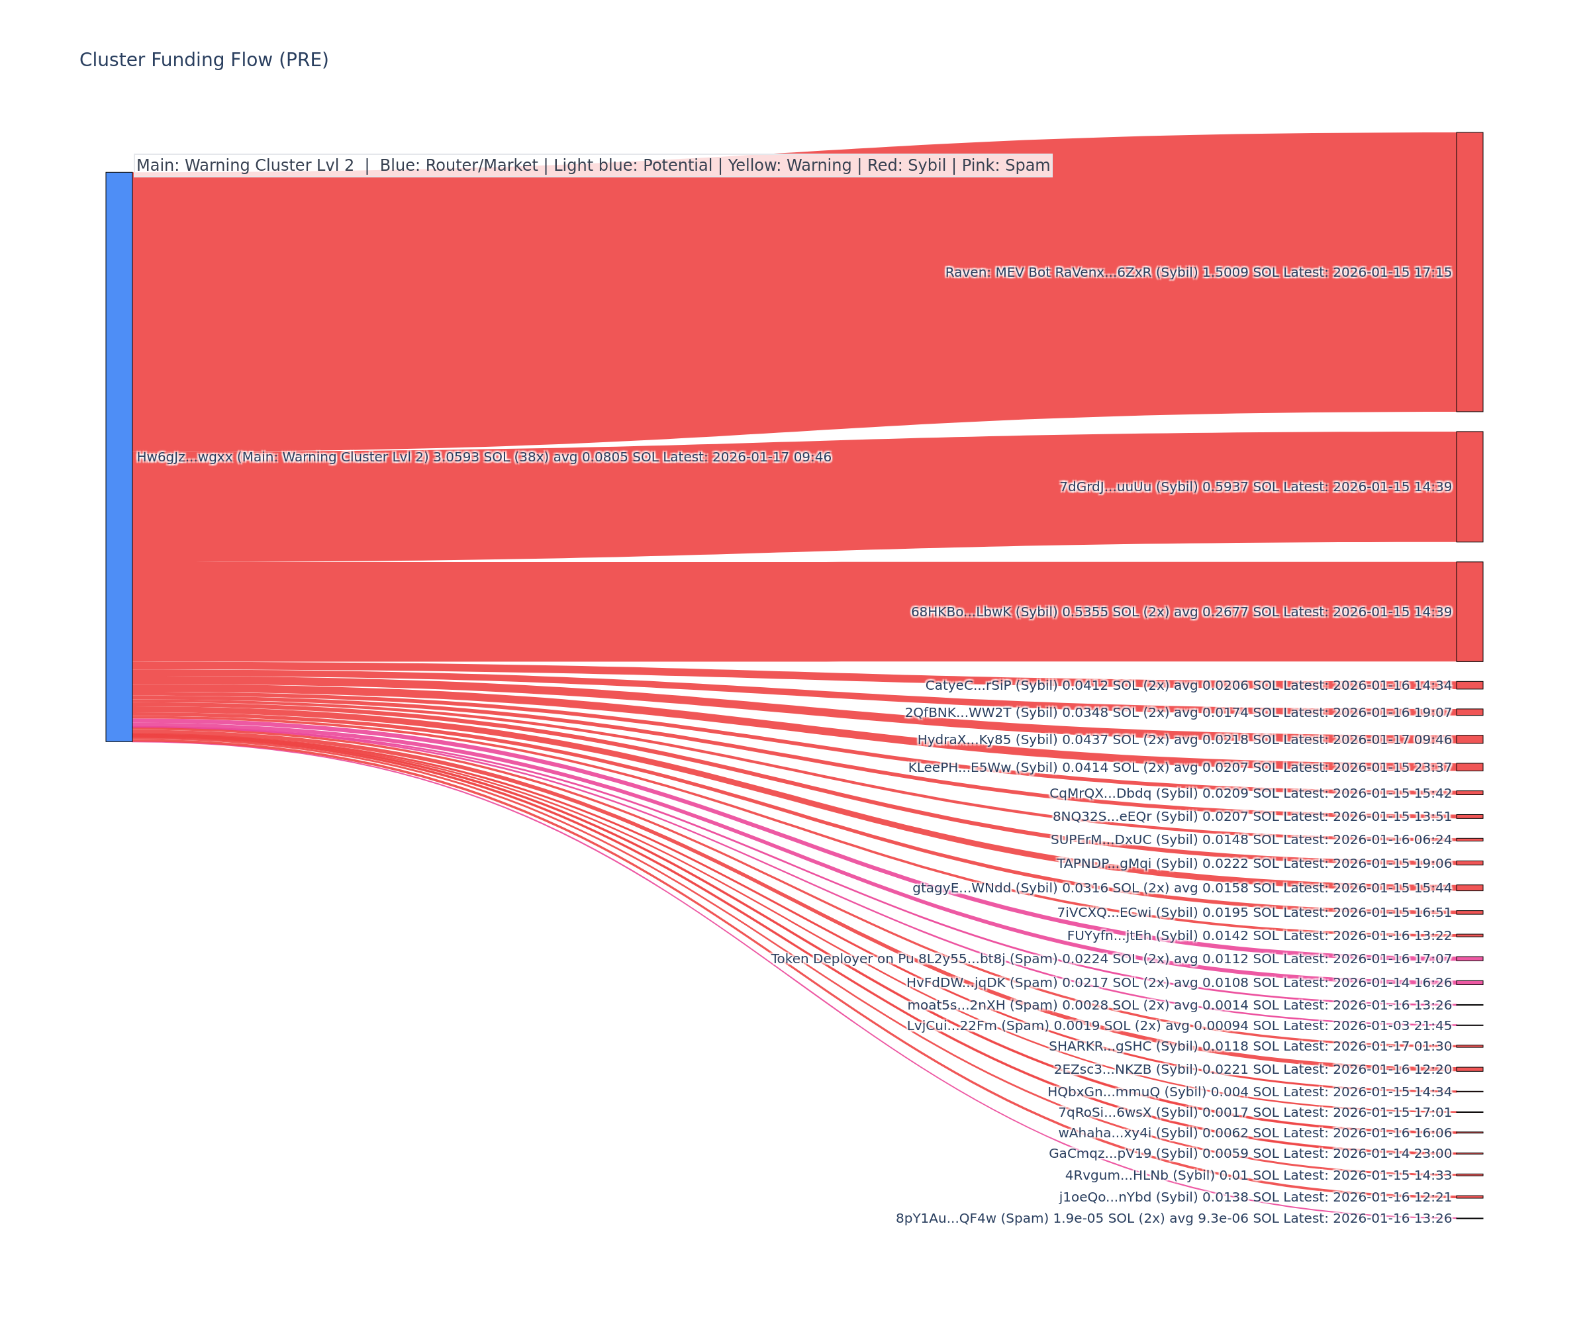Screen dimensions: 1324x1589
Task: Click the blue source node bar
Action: pyautogui.click(x=119, y=456)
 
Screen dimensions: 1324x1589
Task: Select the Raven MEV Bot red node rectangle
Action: pyautogui.click(x=1469, y=271)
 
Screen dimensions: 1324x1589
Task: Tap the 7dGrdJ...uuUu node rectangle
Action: pyautogui.click(x=1469, y=487)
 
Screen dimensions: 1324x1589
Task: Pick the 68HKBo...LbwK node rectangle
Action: pyautogui.click(x=1469, y=611)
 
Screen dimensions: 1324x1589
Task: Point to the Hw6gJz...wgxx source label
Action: pyautogui.click(x=483, y=457)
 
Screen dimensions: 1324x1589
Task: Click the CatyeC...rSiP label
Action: pyautogui.click(x=1188, y=685)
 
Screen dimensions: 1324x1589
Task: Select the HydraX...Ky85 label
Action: pyautogui.click(x=1184, y=740)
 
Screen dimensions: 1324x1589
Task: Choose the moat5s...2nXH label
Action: pyautogui.click(x=1180, y=1005)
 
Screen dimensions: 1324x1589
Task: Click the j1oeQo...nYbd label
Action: pyautogui.click(x=1255, y=1197)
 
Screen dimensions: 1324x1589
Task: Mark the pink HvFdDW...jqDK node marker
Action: pyautogui.click(x=1469, y=983)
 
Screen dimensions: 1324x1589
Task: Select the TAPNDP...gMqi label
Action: pyautogui.click(x=1254, y=863)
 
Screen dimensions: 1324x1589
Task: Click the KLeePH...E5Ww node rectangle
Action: pyautogui.click(x=1469, y=767)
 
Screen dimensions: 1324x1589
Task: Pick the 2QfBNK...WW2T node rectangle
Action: pyautogui.click(x=1469, y=712)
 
